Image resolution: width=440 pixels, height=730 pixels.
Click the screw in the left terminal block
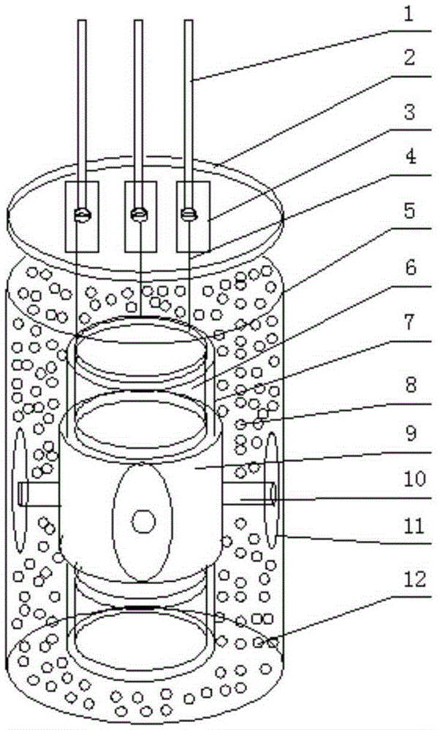coord(82,215)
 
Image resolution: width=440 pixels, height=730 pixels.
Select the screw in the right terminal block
coord(189,214)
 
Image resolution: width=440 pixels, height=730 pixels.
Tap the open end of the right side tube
coord(271,494)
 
